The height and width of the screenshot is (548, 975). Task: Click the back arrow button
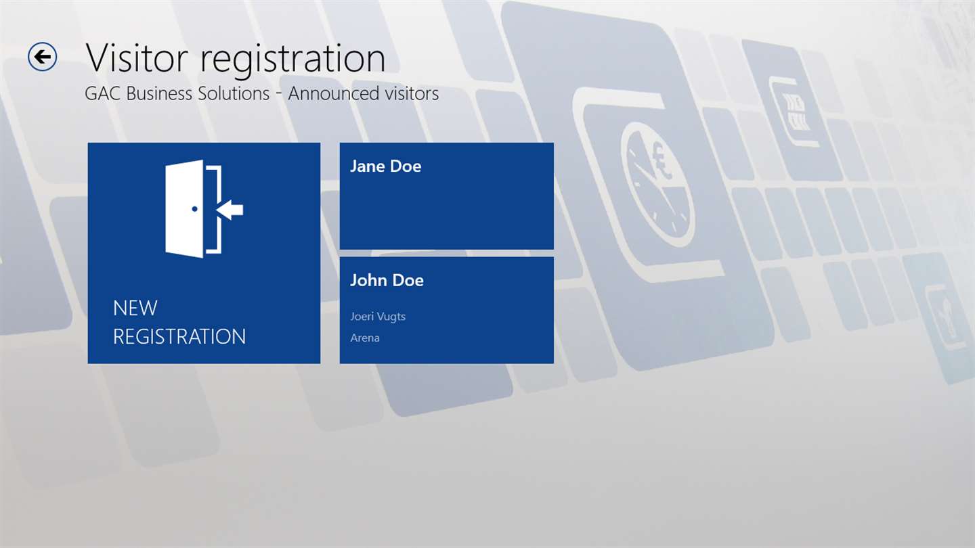pos(42,57)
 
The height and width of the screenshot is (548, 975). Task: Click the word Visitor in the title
pos(137,58)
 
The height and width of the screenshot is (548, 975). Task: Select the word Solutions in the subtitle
pos(234,93)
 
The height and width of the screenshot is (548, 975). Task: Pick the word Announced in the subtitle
pos(333,93)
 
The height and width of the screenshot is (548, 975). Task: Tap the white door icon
pos(185,209)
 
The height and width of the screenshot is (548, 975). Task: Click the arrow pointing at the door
pos(230,210)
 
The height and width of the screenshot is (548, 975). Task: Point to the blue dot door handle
pos(194,209)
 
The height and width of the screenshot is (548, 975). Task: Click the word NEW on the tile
pos(135,309)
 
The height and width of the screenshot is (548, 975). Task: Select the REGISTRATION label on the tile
pos(179,337)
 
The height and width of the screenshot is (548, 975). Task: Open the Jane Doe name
pos(386,166)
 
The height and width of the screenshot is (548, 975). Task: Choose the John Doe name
pos(387,280)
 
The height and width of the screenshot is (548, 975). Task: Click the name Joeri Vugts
pos(378,317)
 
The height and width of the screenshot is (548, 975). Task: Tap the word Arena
pos(365,338)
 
